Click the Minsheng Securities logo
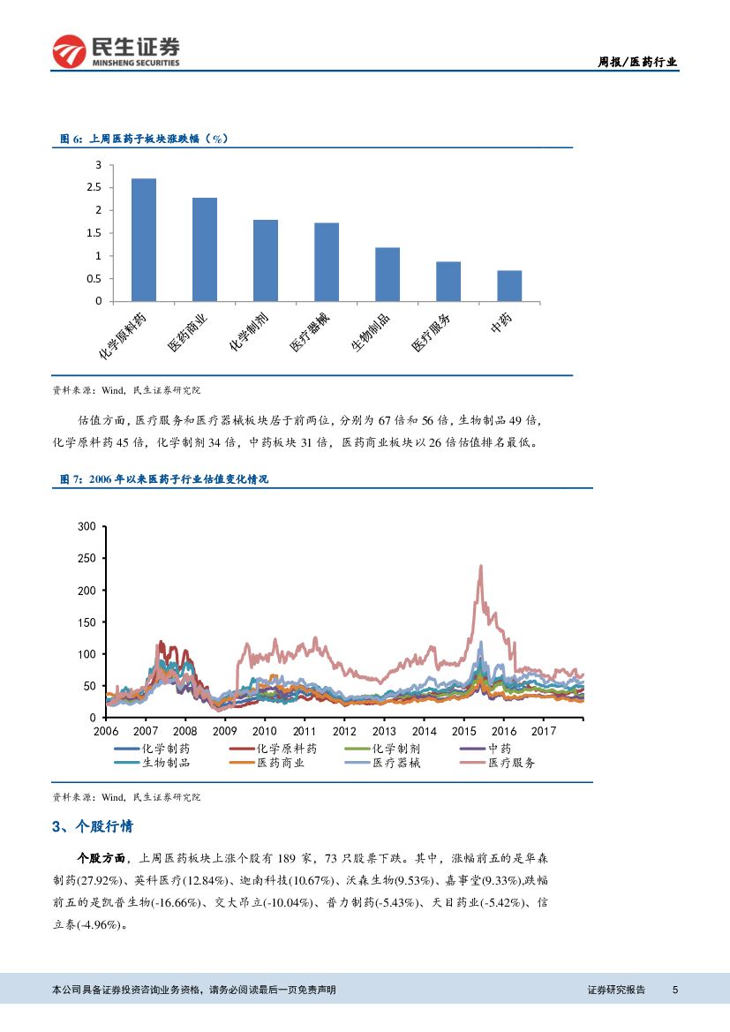116,51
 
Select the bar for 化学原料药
144,240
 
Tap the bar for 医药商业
205,250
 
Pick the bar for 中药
509,286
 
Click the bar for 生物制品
388,275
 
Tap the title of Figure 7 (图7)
163,478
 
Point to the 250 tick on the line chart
87,558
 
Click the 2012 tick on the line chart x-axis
344,731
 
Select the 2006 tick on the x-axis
105,731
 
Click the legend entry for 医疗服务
511,763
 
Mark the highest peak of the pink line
480,566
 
